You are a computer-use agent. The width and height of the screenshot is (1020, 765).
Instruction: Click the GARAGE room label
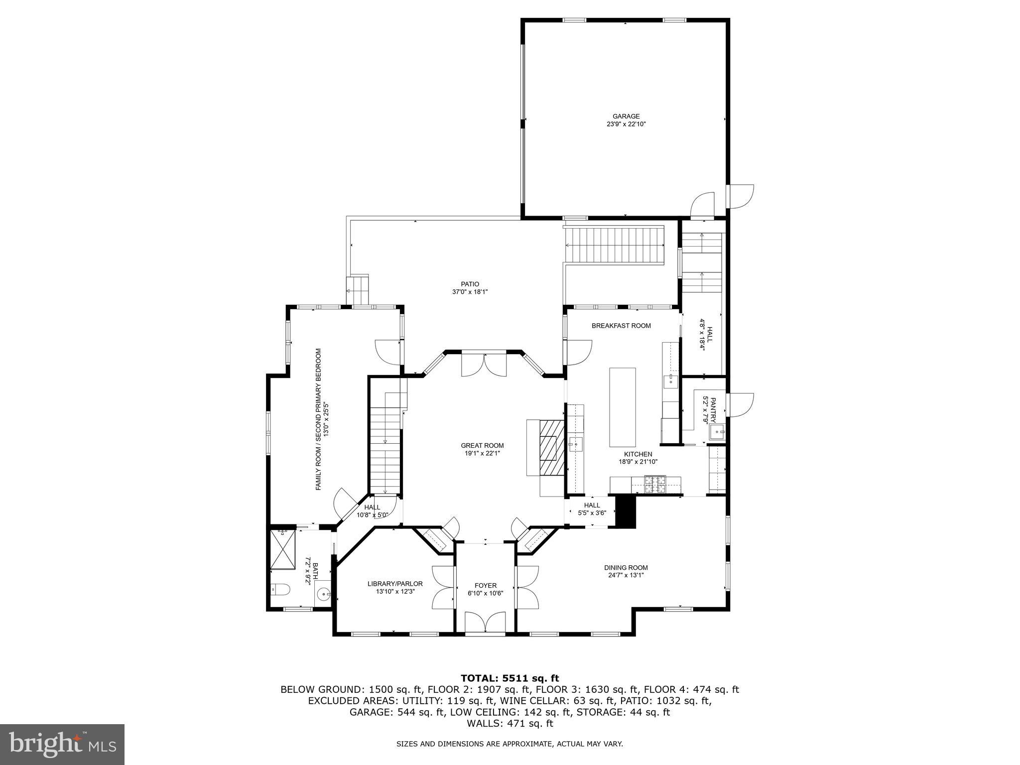[x=626, y=117]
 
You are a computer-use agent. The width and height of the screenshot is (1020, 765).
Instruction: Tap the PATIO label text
[x=470, y=284]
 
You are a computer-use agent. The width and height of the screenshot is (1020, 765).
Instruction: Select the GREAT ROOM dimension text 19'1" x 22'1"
[x=482, y=453]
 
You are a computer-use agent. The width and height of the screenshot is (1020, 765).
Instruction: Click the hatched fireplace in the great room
[x=550, y=448]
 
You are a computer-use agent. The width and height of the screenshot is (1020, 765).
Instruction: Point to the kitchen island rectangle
[x=623, y=407]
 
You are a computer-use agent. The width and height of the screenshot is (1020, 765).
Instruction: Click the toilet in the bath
[x=280, y=590]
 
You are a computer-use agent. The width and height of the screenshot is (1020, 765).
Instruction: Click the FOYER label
[x=485, y=585]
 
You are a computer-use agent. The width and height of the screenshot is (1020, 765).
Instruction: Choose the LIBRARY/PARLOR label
[x=395, y=584]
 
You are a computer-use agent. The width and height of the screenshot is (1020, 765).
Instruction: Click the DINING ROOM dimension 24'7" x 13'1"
[x=626, y=575]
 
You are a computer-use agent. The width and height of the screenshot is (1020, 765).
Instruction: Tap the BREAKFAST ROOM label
[x=621, y=326]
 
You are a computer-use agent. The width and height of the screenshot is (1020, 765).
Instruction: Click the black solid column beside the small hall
[x=626, y=511]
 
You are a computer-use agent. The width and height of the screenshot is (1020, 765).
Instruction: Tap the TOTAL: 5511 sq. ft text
[x=510, y=678]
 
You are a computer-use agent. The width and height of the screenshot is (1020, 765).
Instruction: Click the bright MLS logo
[x=62, y=744]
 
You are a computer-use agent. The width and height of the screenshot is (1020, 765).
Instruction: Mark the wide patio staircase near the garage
[x=614, y=245]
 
